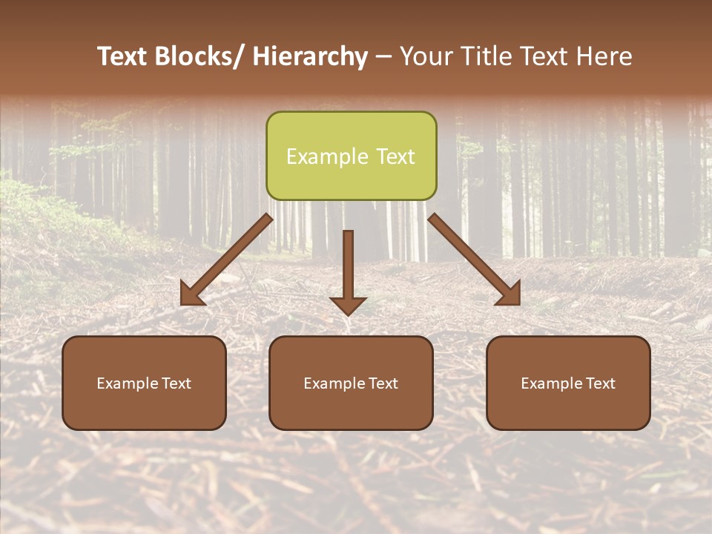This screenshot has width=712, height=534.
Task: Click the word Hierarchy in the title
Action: (x=310, y=57)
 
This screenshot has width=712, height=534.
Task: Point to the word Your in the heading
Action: (x=426, y=57)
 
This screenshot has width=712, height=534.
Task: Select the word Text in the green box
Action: (x=395, y=156)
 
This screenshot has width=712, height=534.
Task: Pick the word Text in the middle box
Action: (x=380, y=383)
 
